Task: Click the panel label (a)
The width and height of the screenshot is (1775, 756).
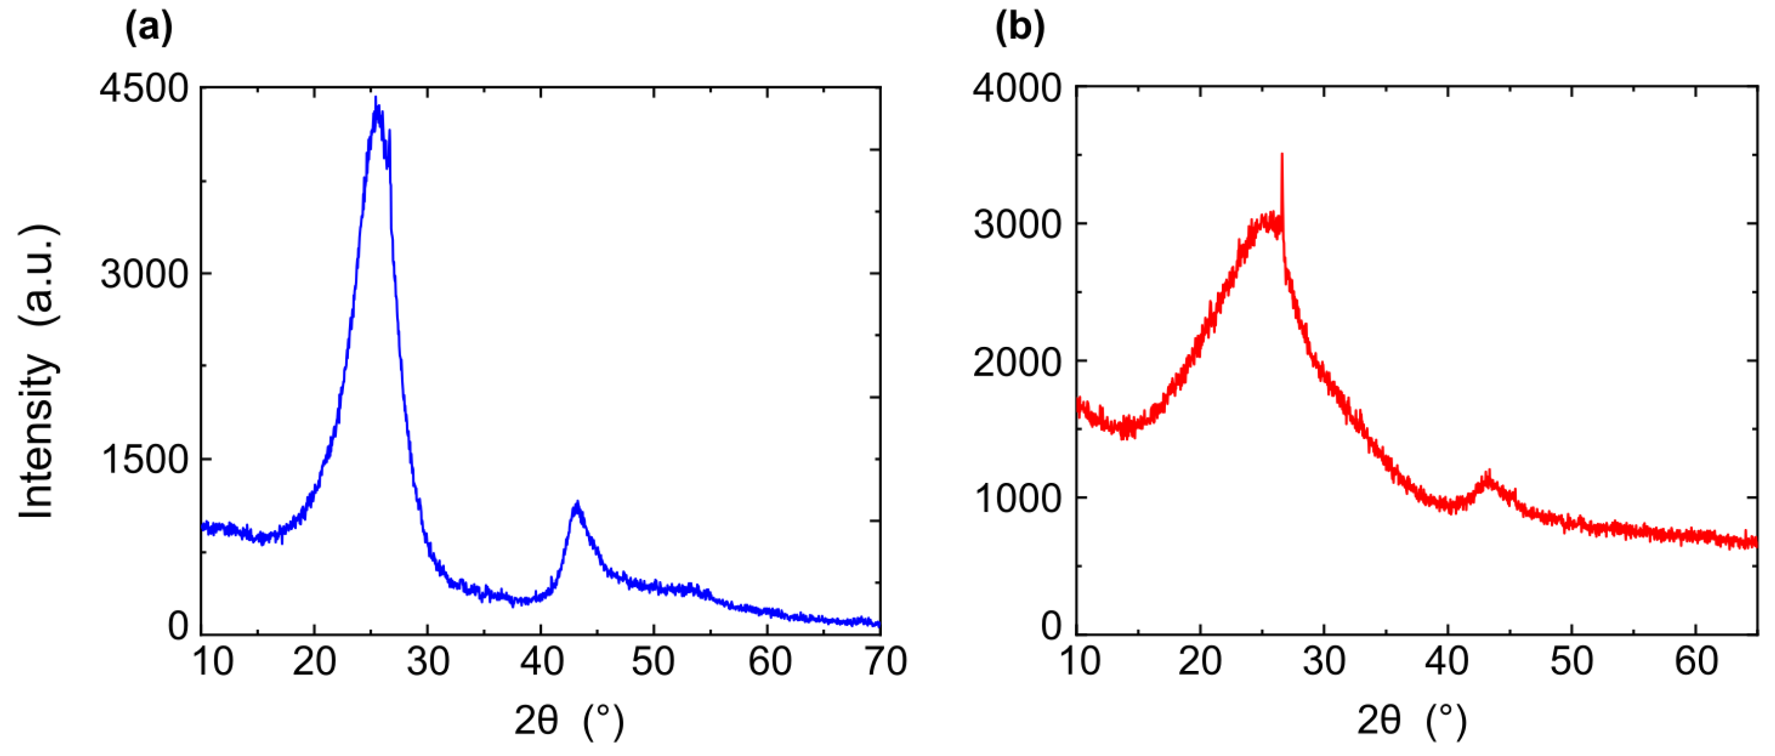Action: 149,29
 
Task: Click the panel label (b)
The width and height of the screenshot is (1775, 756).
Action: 1020,29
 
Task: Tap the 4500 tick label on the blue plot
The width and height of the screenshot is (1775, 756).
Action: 144,89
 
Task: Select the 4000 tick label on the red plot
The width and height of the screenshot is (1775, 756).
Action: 1017,89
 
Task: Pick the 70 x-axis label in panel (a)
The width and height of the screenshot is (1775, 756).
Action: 885,663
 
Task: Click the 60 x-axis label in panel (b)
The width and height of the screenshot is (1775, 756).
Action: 1696,663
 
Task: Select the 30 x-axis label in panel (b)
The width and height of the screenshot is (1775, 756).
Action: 1324,663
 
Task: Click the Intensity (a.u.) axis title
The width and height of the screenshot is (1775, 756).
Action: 38,372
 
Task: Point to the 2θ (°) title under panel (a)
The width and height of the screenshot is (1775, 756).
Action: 568,722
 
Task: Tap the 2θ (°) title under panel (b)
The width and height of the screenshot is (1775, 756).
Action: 1411,722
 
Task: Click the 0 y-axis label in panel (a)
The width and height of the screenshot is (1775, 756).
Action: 179,626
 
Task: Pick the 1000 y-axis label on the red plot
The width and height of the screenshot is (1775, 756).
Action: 1017,498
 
